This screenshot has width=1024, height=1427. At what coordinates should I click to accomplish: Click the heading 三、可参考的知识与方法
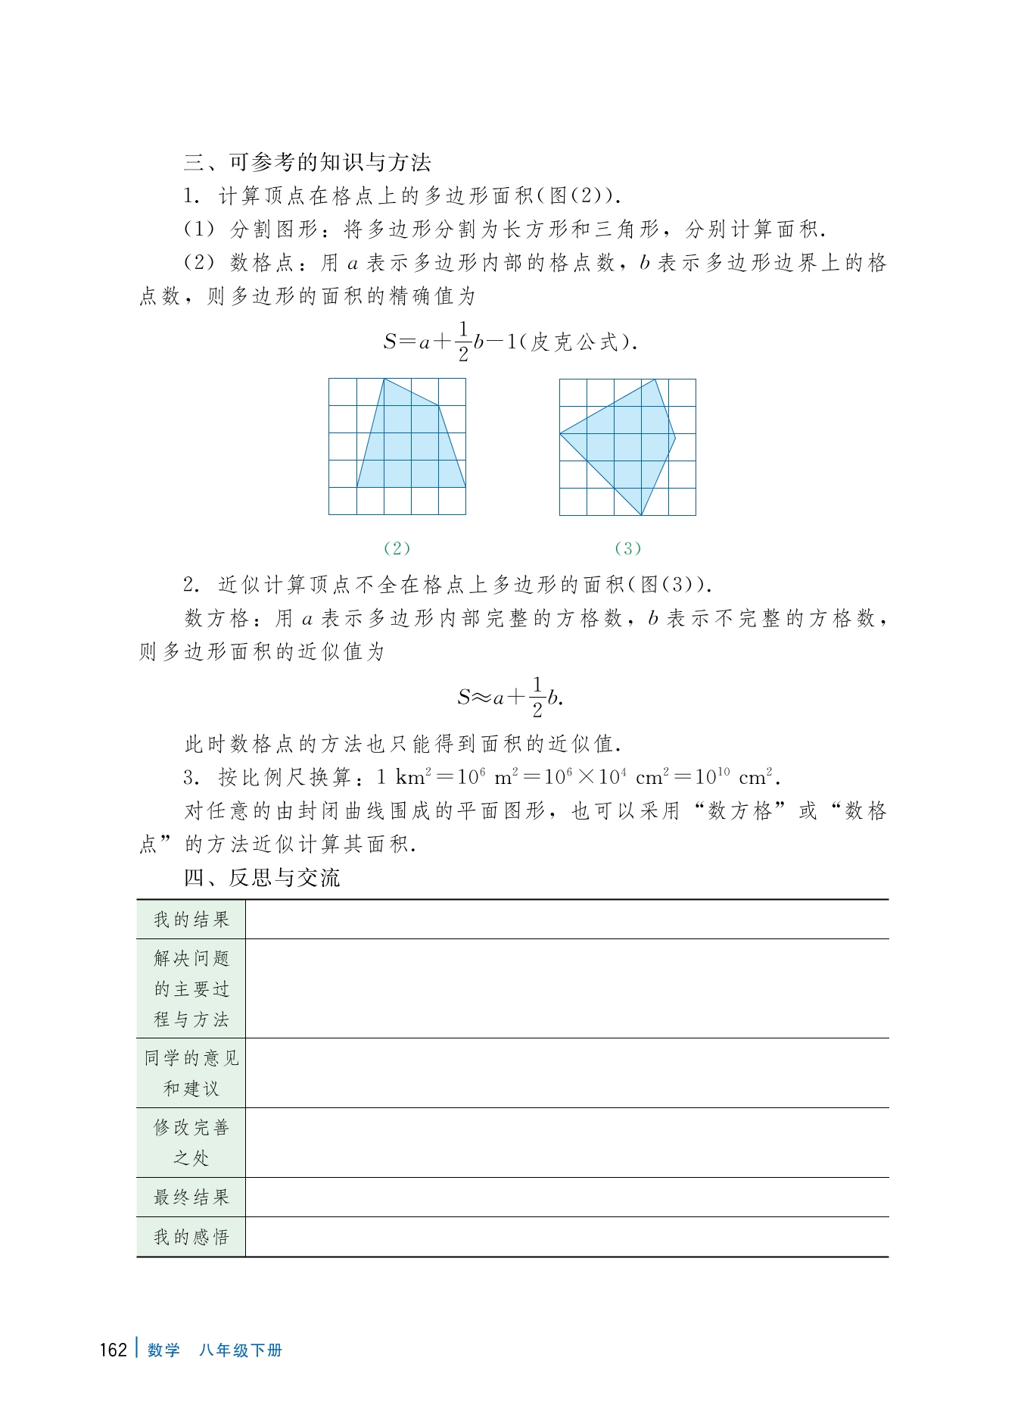click(307, 162)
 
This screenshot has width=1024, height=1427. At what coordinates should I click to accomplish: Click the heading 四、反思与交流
click(262, 878)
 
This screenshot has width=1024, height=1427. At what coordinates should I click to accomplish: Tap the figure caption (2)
click(397, 548)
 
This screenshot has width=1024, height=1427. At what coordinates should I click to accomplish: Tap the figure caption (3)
click(627, 548)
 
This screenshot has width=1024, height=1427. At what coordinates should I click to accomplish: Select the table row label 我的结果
click(191, 920)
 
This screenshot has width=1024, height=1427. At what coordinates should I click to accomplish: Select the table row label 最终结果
click(191, 1197)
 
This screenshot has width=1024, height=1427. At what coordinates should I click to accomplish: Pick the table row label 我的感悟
click(191, 1237)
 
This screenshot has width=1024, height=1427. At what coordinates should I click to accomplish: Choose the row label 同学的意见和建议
click(191, 1073)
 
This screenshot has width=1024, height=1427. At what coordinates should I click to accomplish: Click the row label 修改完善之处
click(191, 1142)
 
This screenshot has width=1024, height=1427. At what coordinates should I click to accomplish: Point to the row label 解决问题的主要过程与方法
click(191, 988)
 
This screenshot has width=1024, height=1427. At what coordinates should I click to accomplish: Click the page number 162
click(113, 1350)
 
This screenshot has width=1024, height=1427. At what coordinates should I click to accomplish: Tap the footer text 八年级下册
click(241, 1350)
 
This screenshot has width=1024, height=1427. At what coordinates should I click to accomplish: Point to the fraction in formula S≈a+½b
click(537, 697)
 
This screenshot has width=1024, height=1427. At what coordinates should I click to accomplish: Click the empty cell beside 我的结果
click(567, 920)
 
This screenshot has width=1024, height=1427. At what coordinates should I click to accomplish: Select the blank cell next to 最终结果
click(567, 1197)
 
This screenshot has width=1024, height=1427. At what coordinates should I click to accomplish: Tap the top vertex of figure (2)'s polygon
click(384, 379)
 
